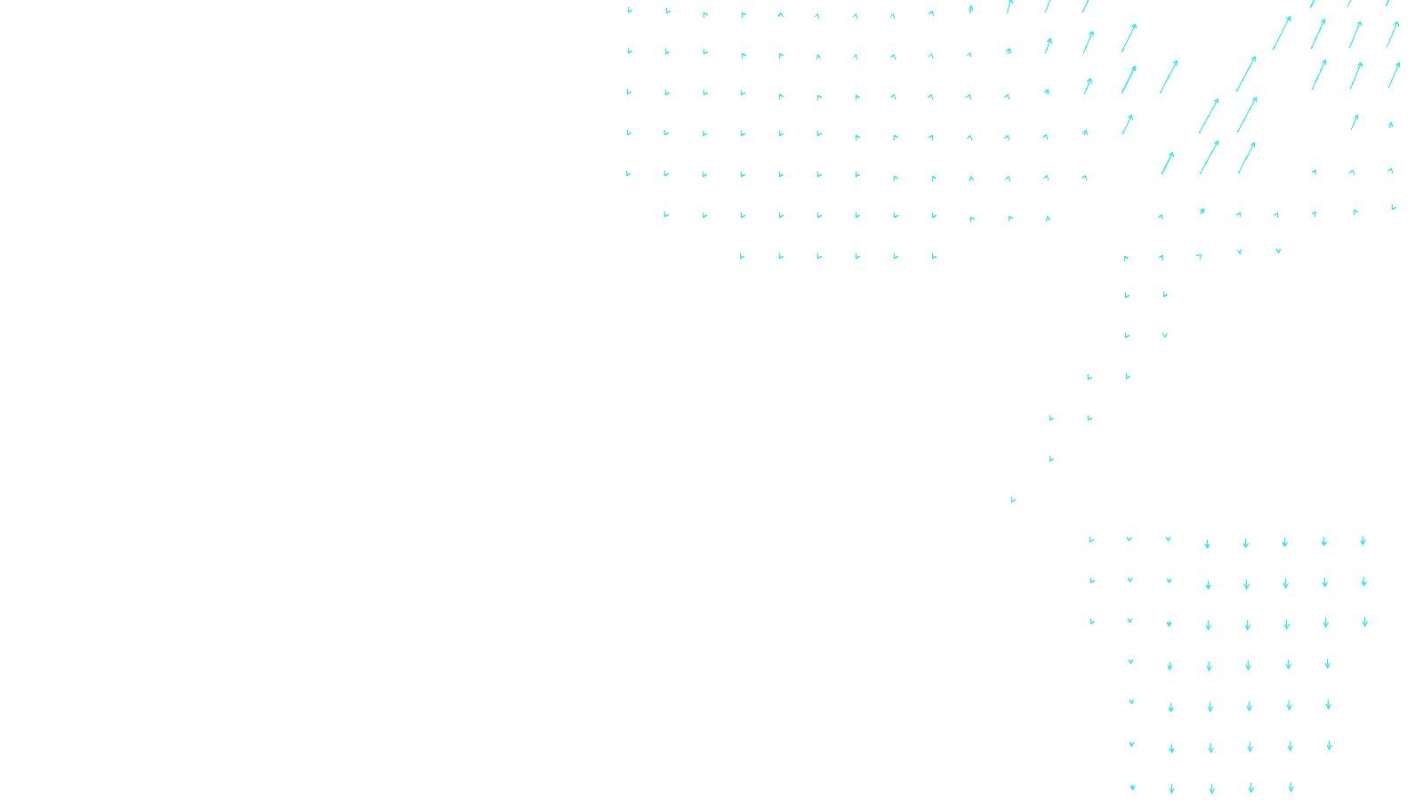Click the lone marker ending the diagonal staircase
coord(1013,500)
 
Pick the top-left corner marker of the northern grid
coord(630,10)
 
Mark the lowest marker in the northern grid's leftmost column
coord(628,173)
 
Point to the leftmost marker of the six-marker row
coord(742,256)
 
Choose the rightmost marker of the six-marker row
coord(934,256)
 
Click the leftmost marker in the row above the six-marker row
coord(666,214)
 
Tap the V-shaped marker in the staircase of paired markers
coord(1165,335)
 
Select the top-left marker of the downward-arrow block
coord(1091,540)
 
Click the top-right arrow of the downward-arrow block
coord(1363,540)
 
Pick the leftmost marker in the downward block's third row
coord(1092,621)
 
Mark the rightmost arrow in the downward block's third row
coord(1365,622)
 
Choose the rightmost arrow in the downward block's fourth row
coord(1328,663)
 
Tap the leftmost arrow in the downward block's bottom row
coord(1132,787)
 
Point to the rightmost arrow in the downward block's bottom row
coord(1291,788)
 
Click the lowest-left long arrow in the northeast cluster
coord(1168,163)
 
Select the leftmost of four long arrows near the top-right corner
coord(1282,32)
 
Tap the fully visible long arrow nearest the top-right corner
coord(1393,34)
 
